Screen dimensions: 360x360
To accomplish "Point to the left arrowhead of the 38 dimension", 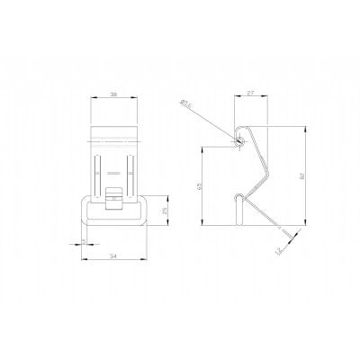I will pyautogui.click(x=94, y=97).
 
